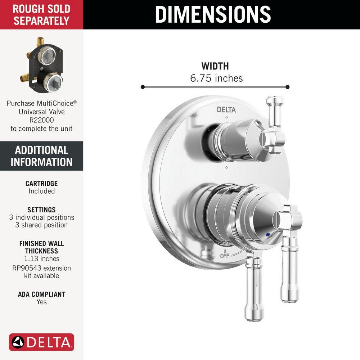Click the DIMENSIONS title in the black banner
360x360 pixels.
tap(213, 14)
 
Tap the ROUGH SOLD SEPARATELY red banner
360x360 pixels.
tap(41, 14)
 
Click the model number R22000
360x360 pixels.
tap(41, 120)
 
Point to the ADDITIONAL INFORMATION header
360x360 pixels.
tap(41, 156)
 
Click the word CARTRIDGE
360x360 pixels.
tap(41, 184)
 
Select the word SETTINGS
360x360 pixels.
tap(41, 210)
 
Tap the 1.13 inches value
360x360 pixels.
tap(41, 258)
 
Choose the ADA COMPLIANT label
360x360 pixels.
tap(41, 294)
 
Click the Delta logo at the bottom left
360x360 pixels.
tap(41, 342)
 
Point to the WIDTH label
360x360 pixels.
tap(215, 66)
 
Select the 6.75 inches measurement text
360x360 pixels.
tap(216, 78)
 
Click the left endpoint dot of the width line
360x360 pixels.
tap(143, 87)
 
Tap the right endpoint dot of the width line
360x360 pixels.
tap(287, 87)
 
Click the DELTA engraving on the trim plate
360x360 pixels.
tap(226, 110)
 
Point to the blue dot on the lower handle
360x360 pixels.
tap(267, 234)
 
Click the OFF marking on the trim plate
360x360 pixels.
tap(225, 256)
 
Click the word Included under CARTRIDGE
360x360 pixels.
tap(41, 191)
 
